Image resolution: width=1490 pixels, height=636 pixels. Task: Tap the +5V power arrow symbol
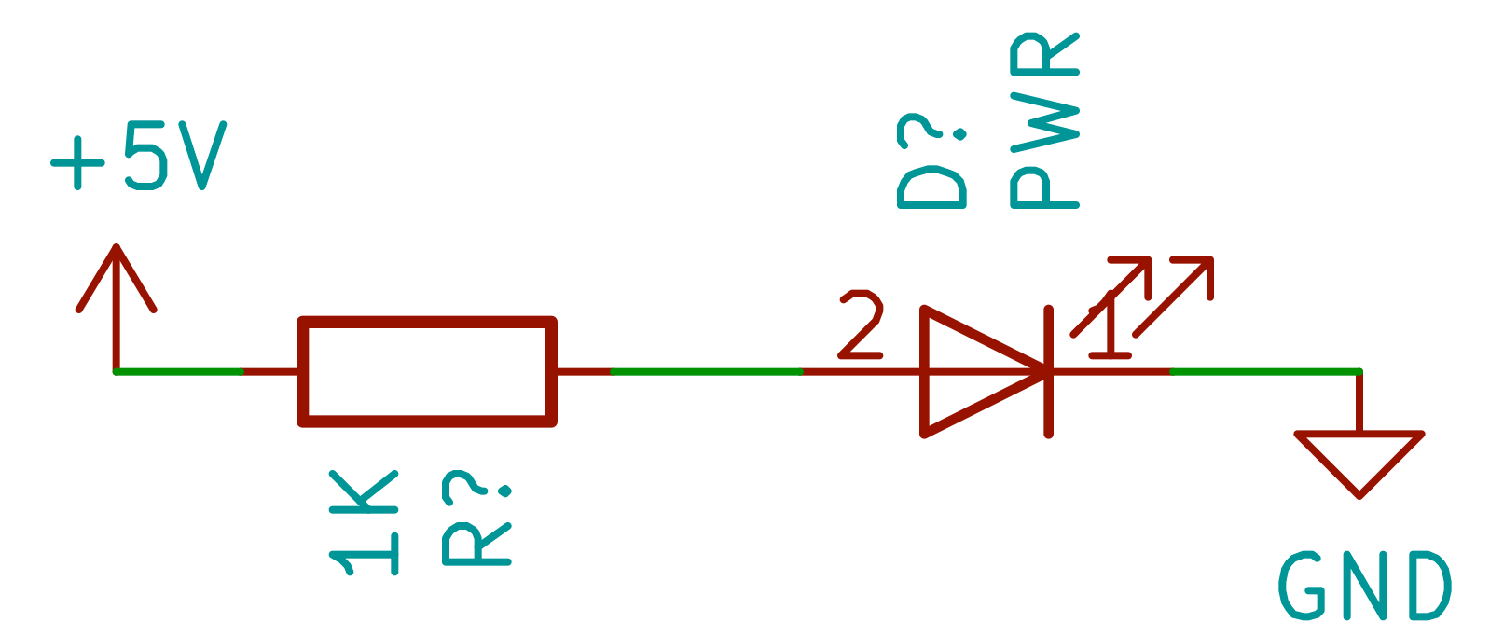tap(116, 280)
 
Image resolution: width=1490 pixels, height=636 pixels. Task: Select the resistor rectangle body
tap(427, 371)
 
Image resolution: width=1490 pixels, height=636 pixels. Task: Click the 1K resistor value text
tap(364, 522)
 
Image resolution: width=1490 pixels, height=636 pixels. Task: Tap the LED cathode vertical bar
tap(1049, 371)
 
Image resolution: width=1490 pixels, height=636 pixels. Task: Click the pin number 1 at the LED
tap(1108, 326)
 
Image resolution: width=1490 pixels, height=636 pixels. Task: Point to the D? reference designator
tap(932, 163)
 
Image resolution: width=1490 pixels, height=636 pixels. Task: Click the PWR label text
tap(1044, 121)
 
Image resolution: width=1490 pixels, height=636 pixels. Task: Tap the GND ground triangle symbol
tap(1359, 457)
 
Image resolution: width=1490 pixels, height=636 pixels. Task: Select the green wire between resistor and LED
tap(706, 371)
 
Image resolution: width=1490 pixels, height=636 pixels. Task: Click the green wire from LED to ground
tap(1263, 371)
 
